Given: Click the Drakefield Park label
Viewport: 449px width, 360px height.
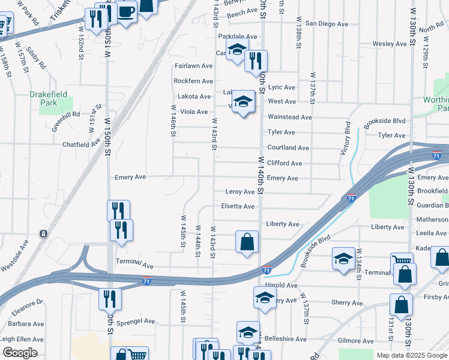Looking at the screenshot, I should coord(44,98).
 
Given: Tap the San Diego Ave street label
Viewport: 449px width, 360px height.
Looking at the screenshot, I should coord(327,24).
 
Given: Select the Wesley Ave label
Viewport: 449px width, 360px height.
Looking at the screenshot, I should coord(390,44).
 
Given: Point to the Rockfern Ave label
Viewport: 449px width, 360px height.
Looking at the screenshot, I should coord(193,81).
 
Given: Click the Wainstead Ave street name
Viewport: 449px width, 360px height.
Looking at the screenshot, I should coord(290,117).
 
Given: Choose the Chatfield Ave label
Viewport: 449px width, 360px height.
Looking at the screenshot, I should coord(82,145).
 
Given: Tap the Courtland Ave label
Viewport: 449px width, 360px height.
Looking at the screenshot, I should coord(288,148).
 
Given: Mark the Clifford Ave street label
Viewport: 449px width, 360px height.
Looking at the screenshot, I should coord(285,163).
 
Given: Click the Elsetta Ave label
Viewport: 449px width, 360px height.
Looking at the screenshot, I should coord(238,206).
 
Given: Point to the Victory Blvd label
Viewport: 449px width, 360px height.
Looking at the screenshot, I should coord(346,139).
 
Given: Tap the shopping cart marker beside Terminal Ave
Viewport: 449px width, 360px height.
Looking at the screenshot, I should coord(402,260).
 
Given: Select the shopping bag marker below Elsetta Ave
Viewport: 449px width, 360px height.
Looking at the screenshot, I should coord(247,242).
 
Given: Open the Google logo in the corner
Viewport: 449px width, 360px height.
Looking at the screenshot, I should coord(19,353).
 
